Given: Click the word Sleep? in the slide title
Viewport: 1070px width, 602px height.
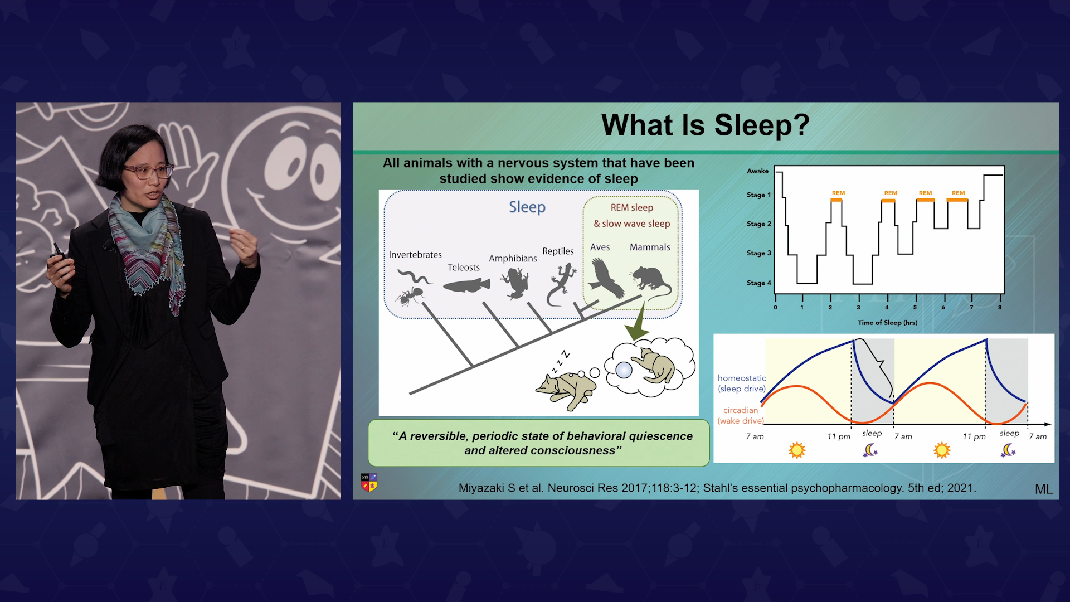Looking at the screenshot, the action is (761, 125).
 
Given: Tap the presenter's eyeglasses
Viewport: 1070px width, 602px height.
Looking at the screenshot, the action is (148, 171).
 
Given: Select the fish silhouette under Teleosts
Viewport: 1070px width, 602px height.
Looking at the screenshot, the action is (466, 285).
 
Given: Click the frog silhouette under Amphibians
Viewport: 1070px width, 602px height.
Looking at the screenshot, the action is (514, 283).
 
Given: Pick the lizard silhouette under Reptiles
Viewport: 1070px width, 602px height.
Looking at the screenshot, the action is (561, 284).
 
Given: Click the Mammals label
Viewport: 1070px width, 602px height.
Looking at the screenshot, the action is (650, 247).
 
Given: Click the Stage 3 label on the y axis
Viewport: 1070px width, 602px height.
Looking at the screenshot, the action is (758, 253).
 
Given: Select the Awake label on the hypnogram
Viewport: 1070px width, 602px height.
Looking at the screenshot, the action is (757, 171).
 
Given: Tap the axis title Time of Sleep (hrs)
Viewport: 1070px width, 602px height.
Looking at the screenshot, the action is (887, 323).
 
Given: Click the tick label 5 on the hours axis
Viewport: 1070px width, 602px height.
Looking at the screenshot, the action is (915, 308).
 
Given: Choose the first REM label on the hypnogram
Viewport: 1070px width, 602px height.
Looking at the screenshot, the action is (838, 193).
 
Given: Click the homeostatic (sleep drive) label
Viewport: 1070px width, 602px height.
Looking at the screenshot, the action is (742, 383).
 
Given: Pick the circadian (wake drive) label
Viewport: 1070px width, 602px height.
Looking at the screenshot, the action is (741, 415).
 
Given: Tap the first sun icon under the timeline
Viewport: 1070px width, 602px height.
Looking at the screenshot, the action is (797, 450).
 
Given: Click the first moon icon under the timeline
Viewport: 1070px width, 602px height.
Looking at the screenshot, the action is (870, 450).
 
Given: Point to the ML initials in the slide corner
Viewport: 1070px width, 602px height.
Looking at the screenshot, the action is (1044, 489).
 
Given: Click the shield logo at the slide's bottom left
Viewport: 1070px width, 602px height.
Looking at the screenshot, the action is (369, 482).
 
